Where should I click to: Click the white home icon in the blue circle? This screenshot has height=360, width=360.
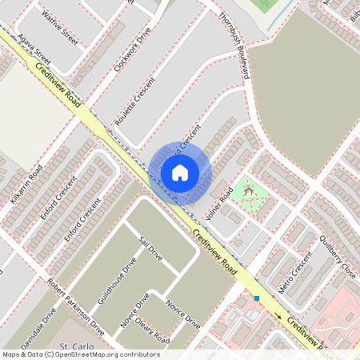point(180,172)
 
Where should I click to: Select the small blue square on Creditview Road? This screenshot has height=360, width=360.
point(257,299)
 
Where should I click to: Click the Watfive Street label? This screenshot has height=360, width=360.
point(61,28)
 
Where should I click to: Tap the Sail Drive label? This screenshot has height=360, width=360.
point(150,249)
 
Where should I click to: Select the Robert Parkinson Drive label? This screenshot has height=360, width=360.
point(76,306)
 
